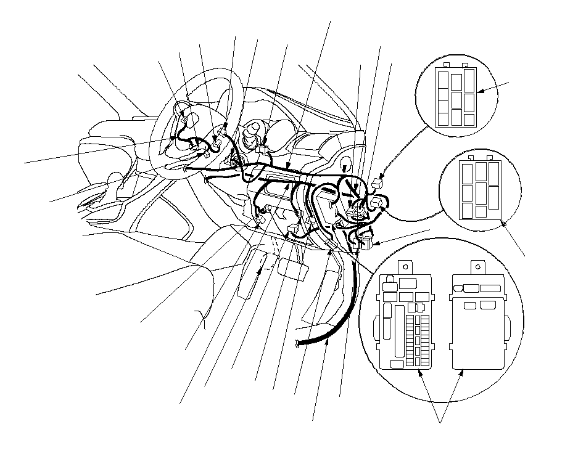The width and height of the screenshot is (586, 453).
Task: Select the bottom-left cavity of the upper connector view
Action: tap(443, 118)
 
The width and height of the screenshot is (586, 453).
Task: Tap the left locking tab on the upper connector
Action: tap(446, 64)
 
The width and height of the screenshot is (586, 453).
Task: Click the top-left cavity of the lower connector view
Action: tap(466, 168)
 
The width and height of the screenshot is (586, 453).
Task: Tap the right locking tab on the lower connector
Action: tap(492, 158)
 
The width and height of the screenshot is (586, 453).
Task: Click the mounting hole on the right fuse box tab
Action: tap(476, 266)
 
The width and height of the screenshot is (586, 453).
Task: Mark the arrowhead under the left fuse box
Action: tap(421, 373)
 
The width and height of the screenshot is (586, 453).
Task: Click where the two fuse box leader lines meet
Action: tap(440, 422)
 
